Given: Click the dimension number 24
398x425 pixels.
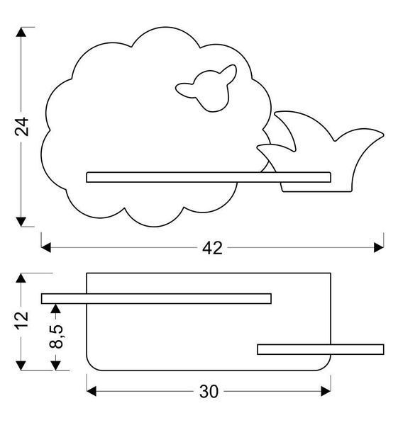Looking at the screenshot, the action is [21, 126].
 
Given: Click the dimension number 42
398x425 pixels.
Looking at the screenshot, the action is [212, 248].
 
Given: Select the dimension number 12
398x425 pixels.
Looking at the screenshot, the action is [21, 321].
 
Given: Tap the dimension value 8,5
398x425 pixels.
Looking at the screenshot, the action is [56, 336].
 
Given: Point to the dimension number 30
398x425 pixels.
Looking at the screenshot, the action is [209, 392].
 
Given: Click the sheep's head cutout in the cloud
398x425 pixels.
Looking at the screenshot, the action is [206, 88].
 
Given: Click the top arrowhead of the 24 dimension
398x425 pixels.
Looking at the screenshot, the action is [21, 32].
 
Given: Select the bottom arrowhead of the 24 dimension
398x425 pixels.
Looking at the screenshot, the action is [21, 222].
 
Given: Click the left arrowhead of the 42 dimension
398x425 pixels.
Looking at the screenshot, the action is [46, 247].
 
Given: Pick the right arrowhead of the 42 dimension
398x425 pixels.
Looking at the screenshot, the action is [379, 247].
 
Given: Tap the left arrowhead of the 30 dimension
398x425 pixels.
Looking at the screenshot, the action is [92, 391].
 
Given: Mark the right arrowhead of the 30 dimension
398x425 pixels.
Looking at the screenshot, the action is [326, 391].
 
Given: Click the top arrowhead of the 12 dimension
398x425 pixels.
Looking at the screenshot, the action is [21, 278].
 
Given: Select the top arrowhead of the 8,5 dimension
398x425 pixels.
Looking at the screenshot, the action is [55, 308].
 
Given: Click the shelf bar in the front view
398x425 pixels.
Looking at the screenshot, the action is [209, 177].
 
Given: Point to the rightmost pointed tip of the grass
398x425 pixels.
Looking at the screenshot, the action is [383, 134].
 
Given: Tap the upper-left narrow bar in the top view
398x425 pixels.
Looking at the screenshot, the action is [156, 299].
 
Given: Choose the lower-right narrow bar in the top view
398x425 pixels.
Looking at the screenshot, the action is [321, 349].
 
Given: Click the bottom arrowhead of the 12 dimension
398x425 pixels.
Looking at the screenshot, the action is [21, 365].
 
